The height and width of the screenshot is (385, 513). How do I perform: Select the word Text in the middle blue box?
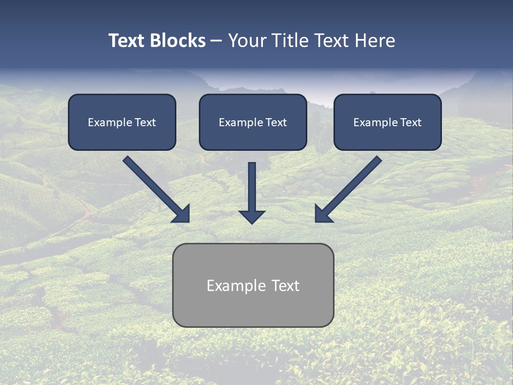[276, 122]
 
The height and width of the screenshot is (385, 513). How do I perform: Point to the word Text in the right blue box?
[410, 122]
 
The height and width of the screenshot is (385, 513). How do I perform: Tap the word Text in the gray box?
[285, 286]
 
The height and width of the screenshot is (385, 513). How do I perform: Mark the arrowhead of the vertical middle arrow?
[252, 217]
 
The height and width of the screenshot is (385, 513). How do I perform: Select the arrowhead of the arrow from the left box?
[182, 214]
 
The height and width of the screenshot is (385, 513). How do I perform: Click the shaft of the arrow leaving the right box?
[355, 182]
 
